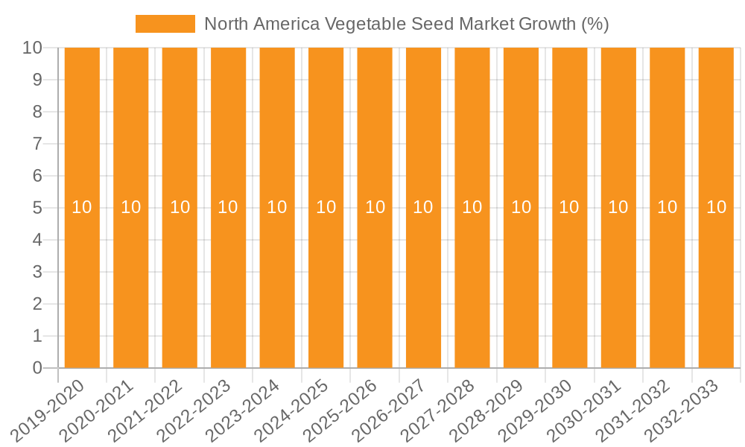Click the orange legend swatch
point(165,24)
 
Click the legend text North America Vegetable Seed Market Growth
point(406,24)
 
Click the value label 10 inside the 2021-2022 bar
point(180,207)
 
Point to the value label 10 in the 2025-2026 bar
point(375,207)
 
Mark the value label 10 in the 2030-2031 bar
point(618,207)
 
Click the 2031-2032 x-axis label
point(635,409)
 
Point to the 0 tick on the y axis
point(38,368)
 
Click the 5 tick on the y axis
point(38,208)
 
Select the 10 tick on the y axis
point(34,48)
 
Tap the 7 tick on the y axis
point(38,144)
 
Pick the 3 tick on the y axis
point(38,272)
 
